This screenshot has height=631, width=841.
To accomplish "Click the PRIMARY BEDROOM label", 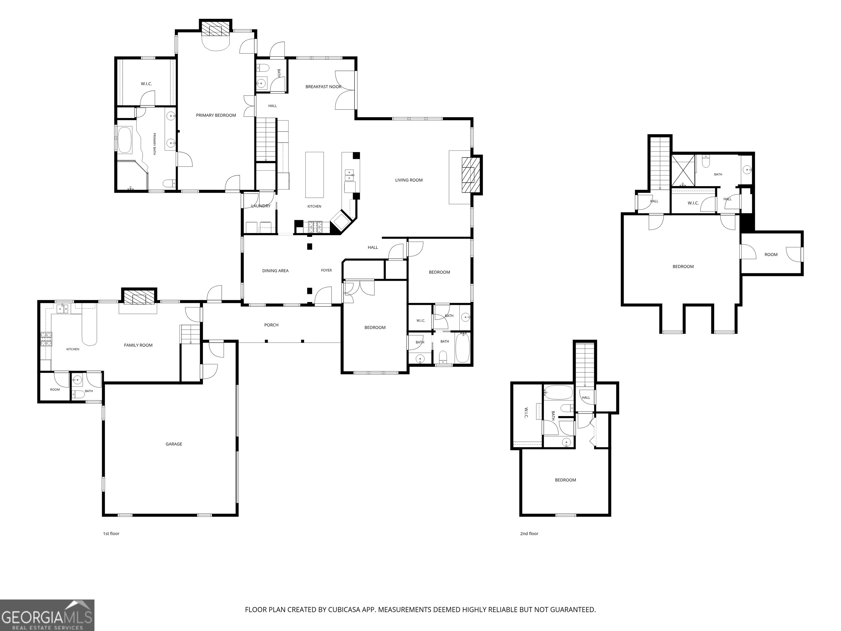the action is (216, 115).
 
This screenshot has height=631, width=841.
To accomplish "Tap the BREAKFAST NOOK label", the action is (324, 87).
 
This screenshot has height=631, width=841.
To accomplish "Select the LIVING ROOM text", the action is (409, 180).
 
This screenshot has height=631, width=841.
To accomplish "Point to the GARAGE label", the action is (174, 444).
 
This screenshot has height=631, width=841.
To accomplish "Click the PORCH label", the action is (272, 325).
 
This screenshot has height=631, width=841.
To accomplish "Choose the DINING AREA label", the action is (275, 271).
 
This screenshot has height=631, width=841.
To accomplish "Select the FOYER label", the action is (326, 270).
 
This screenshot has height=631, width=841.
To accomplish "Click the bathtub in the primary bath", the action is (125, 140).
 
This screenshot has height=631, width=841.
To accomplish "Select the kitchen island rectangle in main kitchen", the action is (315, 175).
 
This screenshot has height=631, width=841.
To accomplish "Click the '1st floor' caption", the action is (111, 534).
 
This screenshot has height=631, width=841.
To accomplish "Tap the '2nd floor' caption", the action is (529, 534).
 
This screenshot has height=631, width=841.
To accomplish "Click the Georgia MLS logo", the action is (47, 615).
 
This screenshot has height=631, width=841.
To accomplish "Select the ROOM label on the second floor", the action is (771, 254).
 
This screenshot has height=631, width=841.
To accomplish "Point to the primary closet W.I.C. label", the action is (146, 84).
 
